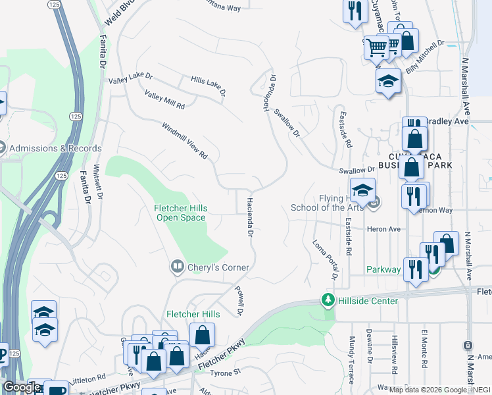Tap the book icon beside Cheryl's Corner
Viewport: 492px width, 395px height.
tap(177, 267)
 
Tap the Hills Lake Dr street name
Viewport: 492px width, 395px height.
tap(209, 85)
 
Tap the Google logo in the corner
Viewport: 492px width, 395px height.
tap(22, 387)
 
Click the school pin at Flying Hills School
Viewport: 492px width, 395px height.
tap(362, 191)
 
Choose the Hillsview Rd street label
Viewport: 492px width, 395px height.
tap(394, 350)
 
